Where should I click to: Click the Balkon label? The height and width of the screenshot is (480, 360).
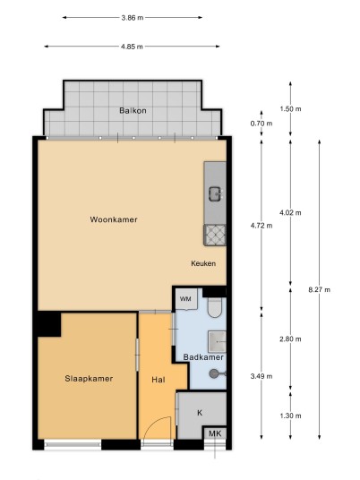[133, 110]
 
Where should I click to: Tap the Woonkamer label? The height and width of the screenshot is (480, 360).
[114, 219]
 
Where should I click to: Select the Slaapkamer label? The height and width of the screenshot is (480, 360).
[89, 379]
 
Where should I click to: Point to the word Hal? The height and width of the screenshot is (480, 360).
[159, 380]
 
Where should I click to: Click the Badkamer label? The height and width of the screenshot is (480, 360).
[203, 357]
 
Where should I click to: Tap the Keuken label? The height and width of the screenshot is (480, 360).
[203, 263]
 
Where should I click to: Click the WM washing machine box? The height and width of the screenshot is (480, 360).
[186, 299]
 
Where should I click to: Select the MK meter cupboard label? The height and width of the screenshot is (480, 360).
[215, 433]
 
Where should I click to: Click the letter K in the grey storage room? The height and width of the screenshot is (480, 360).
[200, 413]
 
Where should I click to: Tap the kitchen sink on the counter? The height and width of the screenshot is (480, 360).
[216, 194]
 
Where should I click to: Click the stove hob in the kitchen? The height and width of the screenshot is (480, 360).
[215, 236]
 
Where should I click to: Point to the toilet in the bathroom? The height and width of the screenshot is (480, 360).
[215, 308]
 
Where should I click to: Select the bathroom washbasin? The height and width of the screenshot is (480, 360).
[217, 341]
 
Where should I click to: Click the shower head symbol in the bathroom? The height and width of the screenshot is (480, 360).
[214, 373]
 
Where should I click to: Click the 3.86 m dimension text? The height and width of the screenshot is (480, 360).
[133, 18]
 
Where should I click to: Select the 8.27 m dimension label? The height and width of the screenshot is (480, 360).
[320, 289]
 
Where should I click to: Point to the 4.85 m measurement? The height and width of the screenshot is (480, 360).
[132, 47]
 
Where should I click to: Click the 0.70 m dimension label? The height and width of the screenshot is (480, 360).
[261, 124]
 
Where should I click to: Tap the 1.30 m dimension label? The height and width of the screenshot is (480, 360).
[290, 416]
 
